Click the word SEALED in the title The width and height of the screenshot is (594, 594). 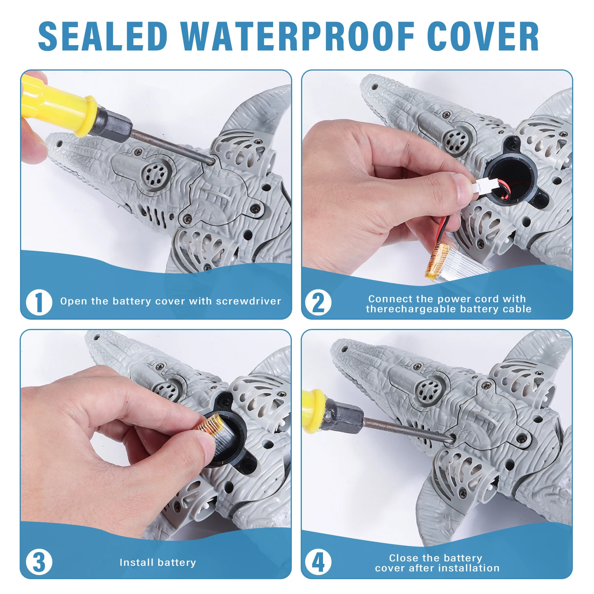coord(103,36)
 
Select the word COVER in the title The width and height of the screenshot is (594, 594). coord(483,36)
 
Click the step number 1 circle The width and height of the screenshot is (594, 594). coord(39,302)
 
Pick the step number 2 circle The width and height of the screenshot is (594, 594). coord(318,303)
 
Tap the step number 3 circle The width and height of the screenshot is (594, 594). coord(39,562)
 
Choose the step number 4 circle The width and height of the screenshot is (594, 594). coord(318,562)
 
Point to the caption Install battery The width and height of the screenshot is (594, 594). coord(157,562)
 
